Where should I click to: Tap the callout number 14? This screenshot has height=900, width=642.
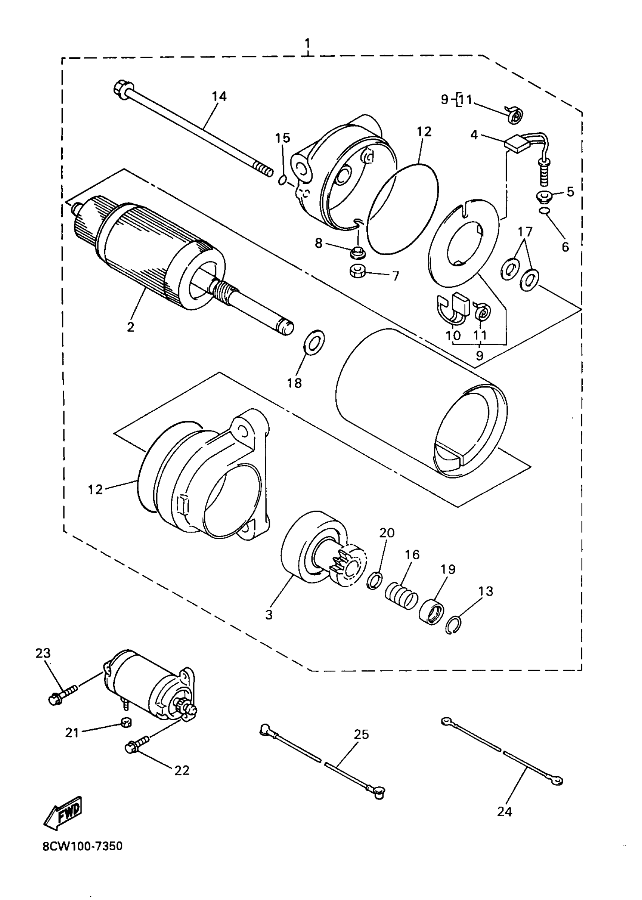[219, 96]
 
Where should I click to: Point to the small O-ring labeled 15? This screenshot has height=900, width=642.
[282, 180]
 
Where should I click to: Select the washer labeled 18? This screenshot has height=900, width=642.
[314, 340]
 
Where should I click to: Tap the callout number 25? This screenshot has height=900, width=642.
[361, 734]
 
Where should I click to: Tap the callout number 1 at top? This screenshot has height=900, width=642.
[307, 43]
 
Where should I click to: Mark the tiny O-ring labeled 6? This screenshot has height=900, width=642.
[544, 211]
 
